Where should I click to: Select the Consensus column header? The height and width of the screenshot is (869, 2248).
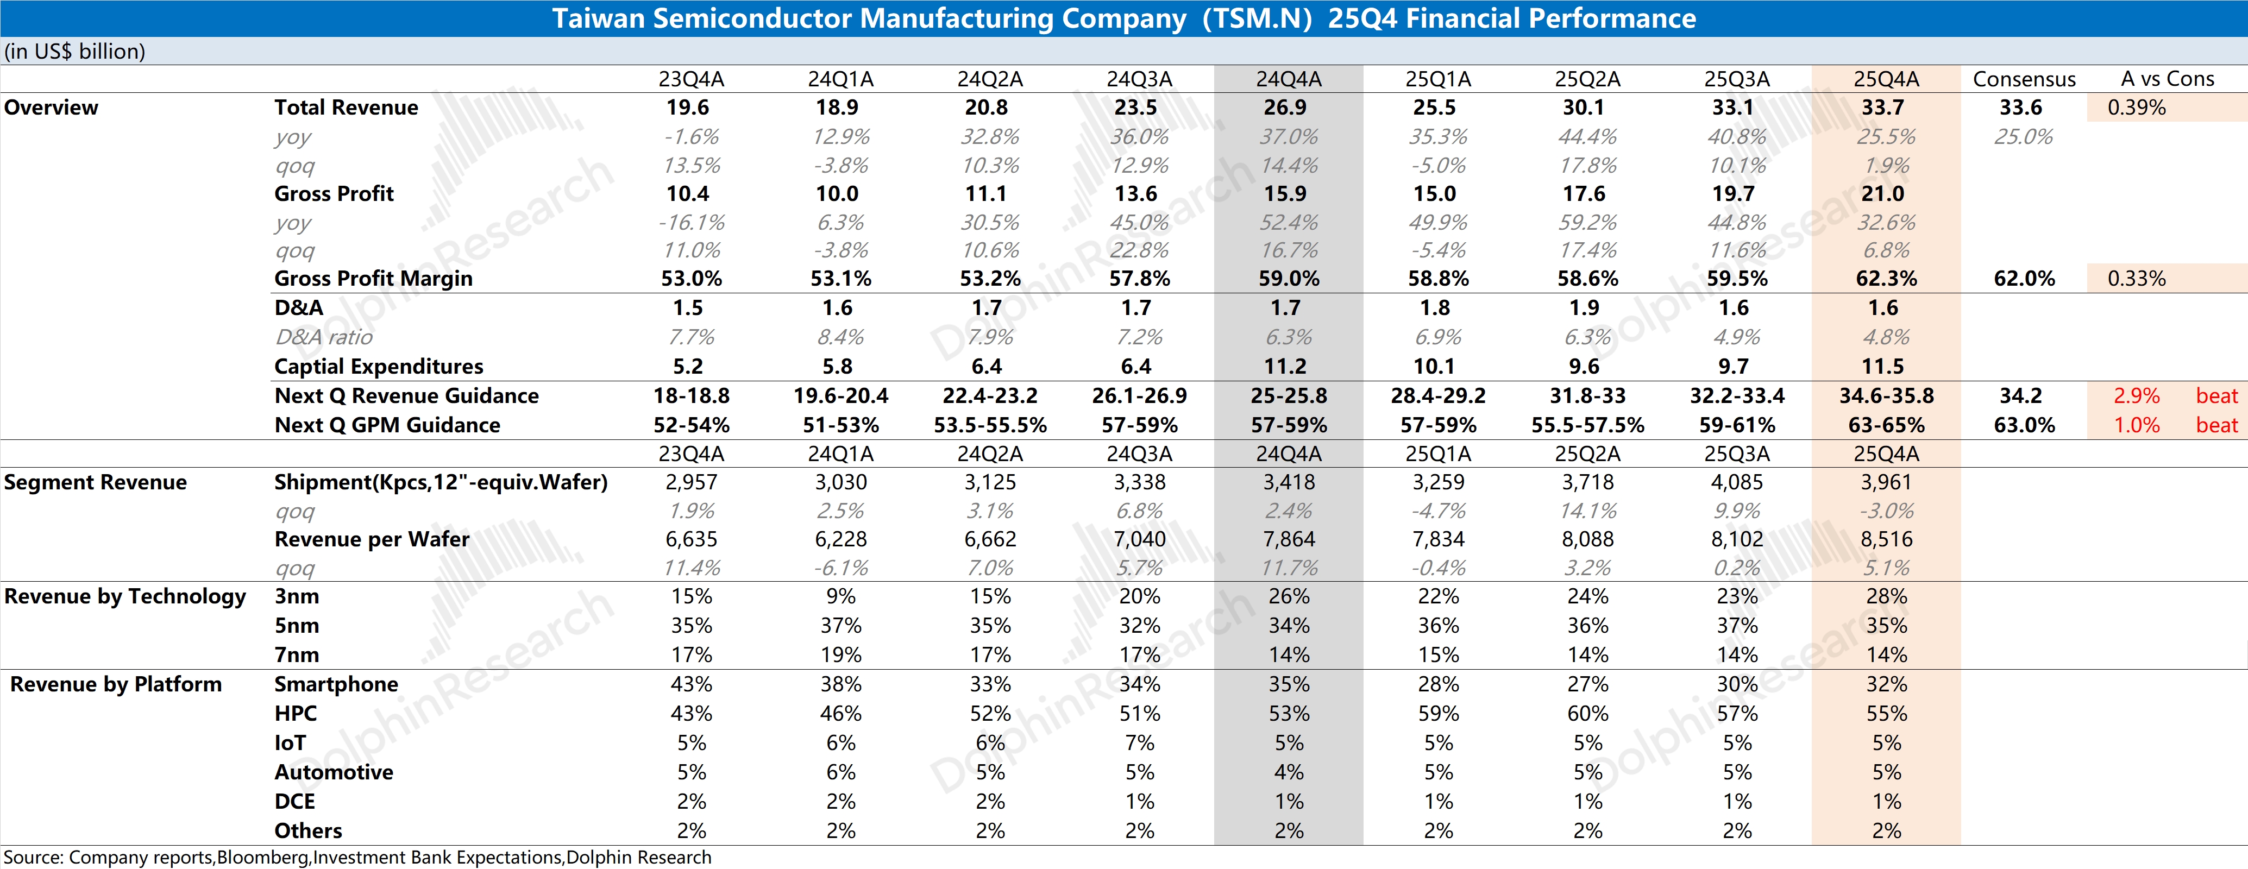(2024, 79)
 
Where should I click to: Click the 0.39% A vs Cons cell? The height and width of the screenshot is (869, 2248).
(2136, 108)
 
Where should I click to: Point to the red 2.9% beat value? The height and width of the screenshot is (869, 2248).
(2136, 396)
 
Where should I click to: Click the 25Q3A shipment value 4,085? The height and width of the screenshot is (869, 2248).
(1737, 482)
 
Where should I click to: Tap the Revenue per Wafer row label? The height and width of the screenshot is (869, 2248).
(372, 540)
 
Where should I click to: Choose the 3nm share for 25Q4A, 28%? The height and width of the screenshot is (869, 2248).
(1886, 597)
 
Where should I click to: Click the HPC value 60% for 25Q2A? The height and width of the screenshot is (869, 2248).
(1587, 714)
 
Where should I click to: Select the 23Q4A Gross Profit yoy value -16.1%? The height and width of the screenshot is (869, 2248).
(690, 223)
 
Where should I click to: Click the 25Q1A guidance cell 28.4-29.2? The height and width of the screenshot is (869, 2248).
(1437, 396)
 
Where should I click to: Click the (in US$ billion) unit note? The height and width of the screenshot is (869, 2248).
(74, 52)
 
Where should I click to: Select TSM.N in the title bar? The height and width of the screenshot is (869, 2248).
(1257, 18)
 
